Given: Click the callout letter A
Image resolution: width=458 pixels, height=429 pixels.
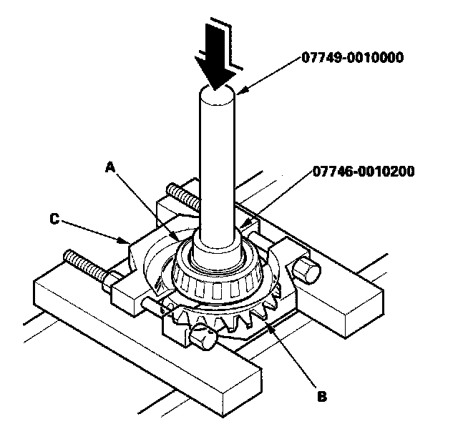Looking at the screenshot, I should [110, 166].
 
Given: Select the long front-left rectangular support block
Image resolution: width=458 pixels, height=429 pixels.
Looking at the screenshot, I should [143, 336].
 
